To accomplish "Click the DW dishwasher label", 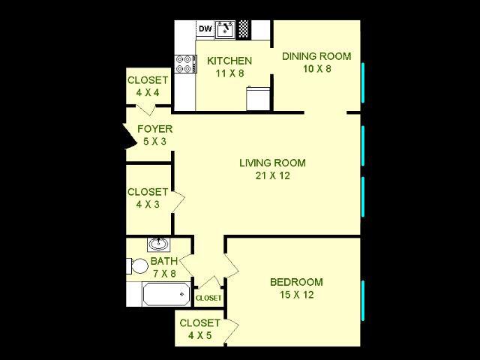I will tap(205, 29).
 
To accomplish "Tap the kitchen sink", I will tap(225, 29).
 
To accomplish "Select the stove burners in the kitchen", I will tap(184, 64).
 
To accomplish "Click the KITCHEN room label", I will tap(229, 61).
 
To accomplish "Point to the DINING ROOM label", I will tap(316, 55).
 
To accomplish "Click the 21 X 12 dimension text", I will tap(272, 176).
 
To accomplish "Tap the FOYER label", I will tap(154, 128).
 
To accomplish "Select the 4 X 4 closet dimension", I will tap(148, 93).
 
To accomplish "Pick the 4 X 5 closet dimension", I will tap(199, 335).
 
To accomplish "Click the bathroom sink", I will tap(158, 244).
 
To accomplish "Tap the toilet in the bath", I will tap(136, 265).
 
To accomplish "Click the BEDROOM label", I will tap(296, 282).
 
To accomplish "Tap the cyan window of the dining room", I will tap(363, 83).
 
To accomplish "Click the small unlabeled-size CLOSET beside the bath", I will tap(208, 298).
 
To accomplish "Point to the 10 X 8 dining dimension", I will tap(316, 68).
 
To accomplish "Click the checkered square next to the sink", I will tap(243, 29).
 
